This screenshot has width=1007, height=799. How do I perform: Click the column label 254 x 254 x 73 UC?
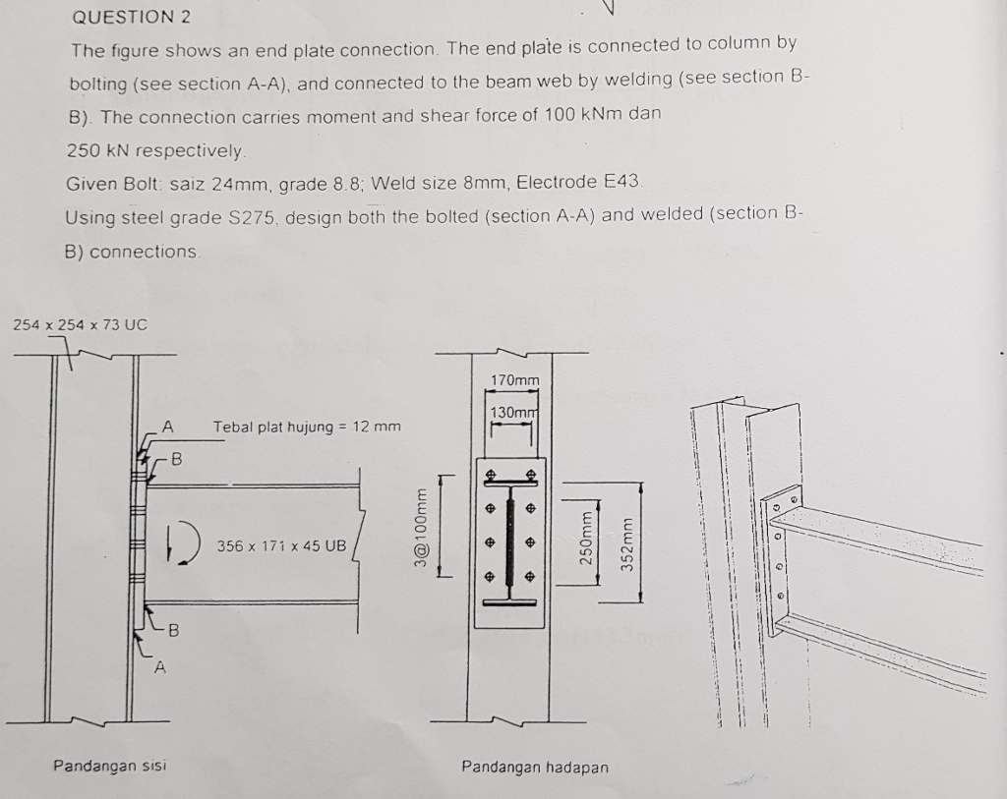pos(80,324)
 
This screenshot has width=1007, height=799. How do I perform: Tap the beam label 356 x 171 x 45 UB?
pos(281,545)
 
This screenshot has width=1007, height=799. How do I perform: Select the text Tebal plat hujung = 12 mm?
pos(307,427)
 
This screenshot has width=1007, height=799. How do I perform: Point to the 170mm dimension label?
pos(514,380)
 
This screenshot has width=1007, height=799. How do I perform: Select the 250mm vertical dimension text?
pos(586,534)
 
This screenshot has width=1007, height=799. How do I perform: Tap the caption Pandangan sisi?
pos(109,765)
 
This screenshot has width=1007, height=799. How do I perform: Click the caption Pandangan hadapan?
pos(535,767)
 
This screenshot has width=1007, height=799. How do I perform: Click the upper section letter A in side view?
pos(167,427)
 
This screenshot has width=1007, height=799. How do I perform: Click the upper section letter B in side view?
pos(177,458)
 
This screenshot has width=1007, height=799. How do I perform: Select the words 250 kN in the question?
pos(96,150)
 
